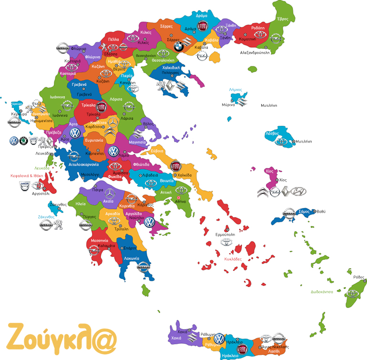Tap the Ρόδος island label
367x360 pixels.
pos(359,277)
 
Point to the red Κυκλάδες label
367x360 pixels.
pos(233,259)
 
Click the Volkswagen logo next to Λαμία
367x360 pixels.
pos(113,152)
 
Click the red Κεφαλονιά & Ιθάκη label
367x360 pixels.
pos(27,175)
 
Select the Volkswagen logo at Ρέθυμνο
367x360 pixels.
pos(219,339)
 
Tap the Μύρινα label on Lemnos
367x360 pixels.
pos(228,104)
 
